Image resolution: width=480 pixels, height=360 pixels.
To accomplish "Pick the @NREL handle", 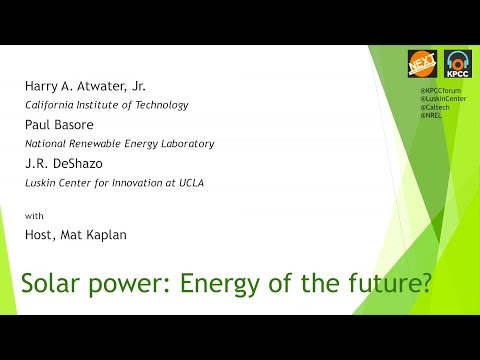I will (x=431, y=119).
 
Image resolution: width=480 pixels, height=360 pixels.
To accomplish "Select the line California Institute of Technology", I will (x=105, y=104).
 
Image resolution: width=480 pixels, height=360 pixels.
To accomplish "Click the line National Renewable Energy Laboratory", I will (x=120, y=144).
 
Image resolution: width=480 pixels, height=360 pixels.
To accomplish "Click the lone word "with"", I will (x=33, y=216).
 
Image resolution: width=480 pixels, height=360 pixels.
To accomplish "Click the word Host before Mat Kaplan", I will (x=40, y=233).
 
